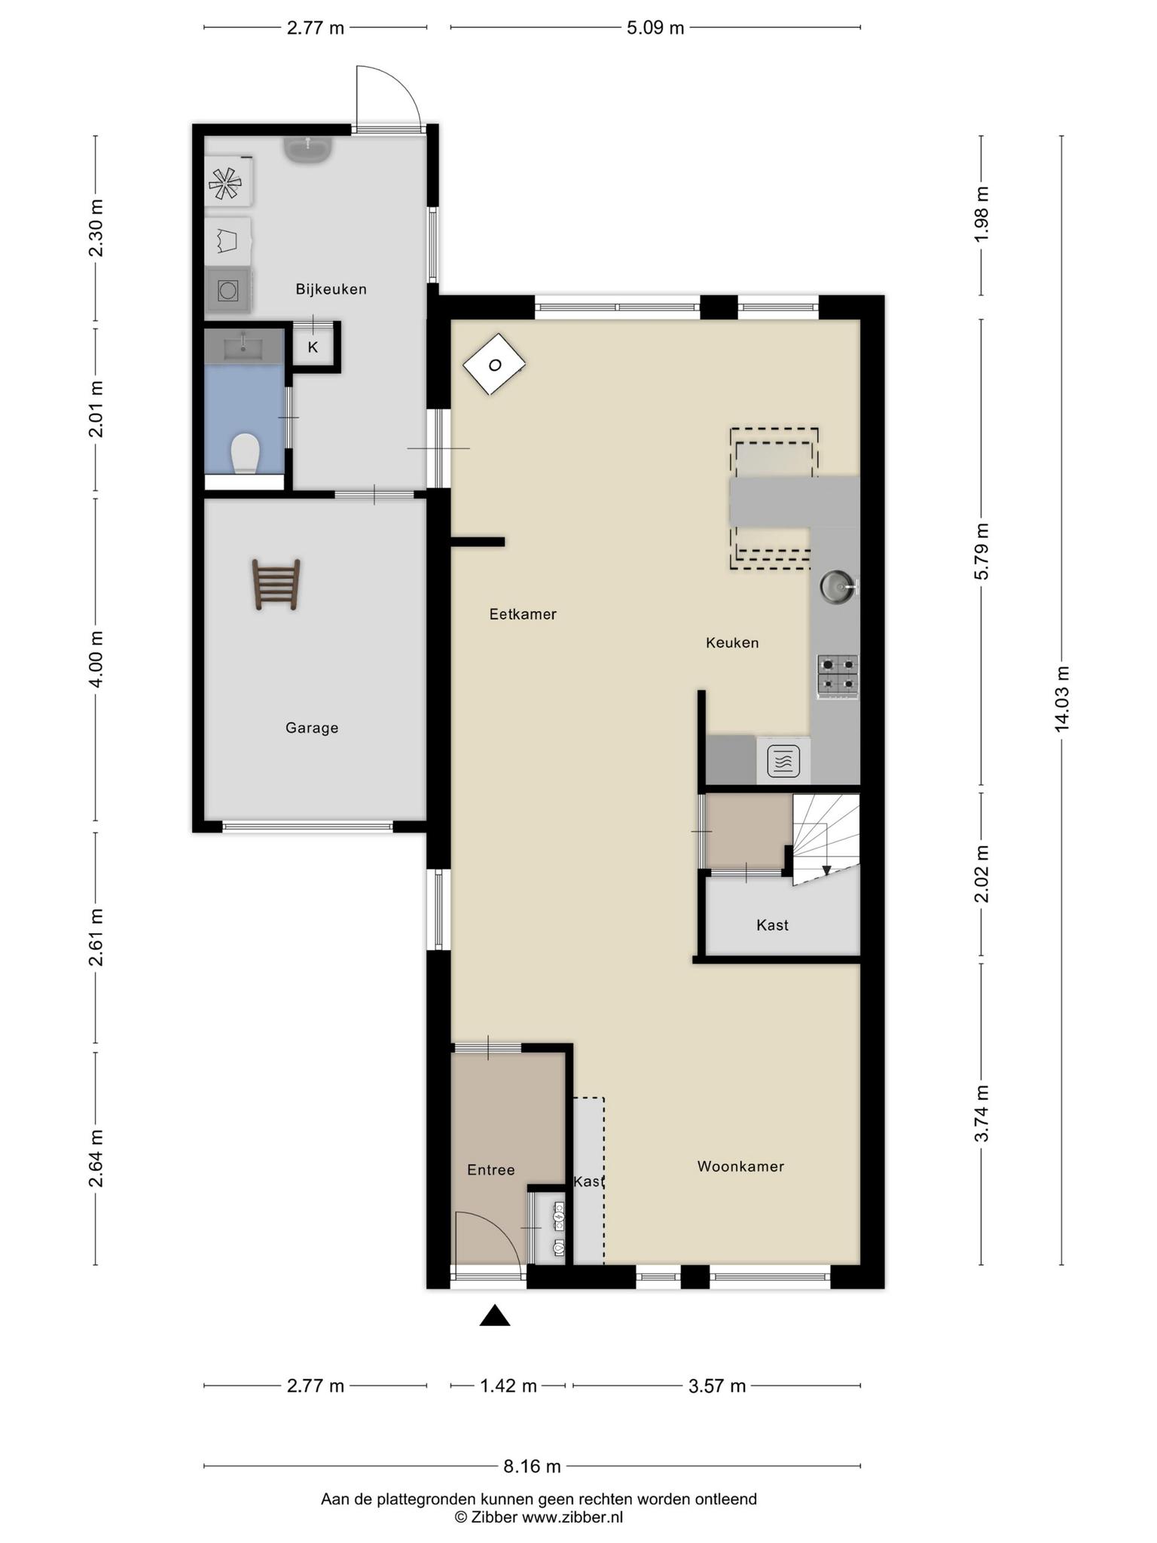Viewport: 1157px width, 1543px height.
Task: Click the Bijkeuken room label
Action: pyautogui.click(x=331, y=289)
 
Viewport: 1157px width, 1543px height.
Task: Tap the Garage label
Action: pyautogui.click(x=312, y=728)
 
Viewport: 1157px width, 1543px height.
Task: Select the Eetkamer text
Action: pyautogui.click(x=523, y=614)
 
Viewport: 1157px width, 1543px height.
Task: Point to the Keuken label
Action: pyautogui.click(x=732, y=643)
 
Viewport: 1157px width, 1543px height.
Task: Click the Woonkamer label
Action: pyautogui.click(x=740, y=1166)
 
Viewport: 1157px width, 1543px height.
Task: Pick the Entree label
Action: pyautogui.click(x=491, y=1169)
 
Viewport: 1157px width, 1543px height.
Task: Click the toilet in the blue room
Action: pyautogui.click(x=245, y=452)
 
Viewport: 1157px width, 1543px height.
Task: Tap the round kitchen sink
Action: pyautogui.click(x=837, y=585)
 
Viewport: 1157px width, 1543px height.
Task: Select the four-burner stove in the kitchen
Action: pyautogui.click(x=838, y=675)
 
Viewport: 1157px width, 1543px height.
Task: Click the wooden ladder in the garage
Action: pyautogui.click(x=276, y=584)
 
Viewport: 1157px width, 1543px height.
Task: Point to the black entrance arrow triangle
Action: pyautogui.click(x=495, y=1315)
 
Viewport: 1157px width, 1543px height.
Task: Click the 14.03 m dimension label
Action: pyautogui.click(x=1061, y=699)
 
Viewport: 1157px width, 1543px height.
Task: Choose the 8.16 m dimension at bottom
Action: pyautogui.click(x=532, y=1466)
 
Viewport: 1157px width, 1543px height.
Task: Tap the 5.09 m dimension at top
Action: pyautogui.click(x=655, y=28)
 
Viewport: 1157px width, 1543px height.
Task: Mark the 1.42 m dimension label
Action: pyautogui.click(x=508, y=1386)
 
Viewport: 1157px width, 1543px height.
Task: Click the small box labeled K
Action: pyautogui.click(x=313, y=347)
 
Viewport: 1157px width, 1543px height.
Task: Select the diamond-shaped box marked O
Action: pyautogui.click(x=494, y=365)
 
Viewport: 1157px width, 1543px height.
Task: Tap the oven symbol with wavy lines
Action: pyautogui.click(x=783, y=760)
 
